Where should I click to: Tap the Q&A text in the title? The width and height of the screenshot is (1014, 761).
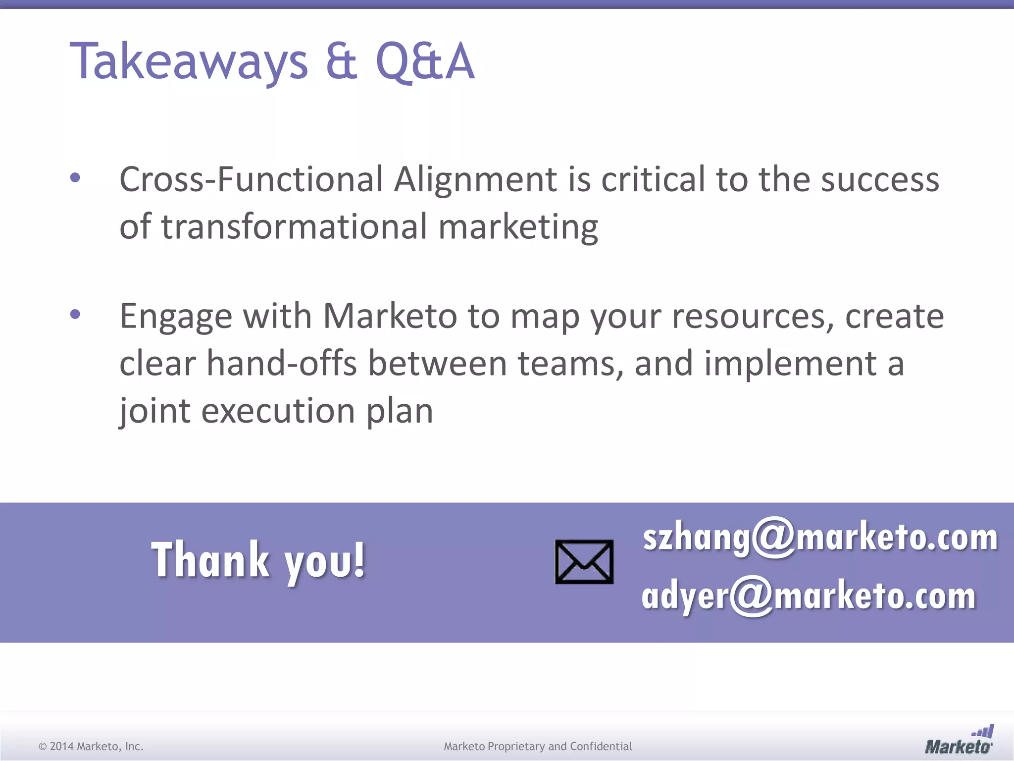(425, 61)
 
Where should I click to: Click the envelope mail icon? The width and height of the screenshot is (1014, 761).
(584, 562)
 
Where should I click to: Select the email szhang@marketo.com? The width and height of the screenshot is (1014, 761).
(820, 538)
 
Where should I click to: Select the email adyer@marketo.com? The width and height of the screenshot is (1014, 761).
(808, 596)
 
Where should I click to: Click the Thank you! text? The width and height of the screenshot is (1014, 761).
(258, 561)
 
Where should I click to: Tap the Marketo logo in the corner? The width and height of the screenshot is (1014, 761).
(959, 741)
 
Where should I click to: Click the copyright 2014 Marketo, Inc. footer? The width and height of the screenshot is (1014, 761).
(91, 746)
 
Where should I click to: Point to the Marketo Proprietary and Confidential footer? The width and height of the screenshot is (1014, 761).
(538, 746)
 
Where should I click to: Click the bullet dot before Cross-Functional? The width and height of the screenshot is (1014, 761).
(75, 178)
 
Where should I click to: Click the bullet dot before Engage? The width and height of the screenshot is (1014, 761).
(75, 314)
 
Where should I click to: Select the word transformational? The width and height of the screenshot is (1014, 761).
(294, 226)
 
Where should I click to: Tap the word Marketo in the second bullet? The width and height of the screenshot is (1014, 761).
(390, 316)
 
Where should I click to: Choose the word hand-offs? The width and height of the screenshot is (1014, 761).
(282, 363)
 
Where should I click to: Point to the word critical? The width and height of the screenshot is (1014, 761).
(653, 179)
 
